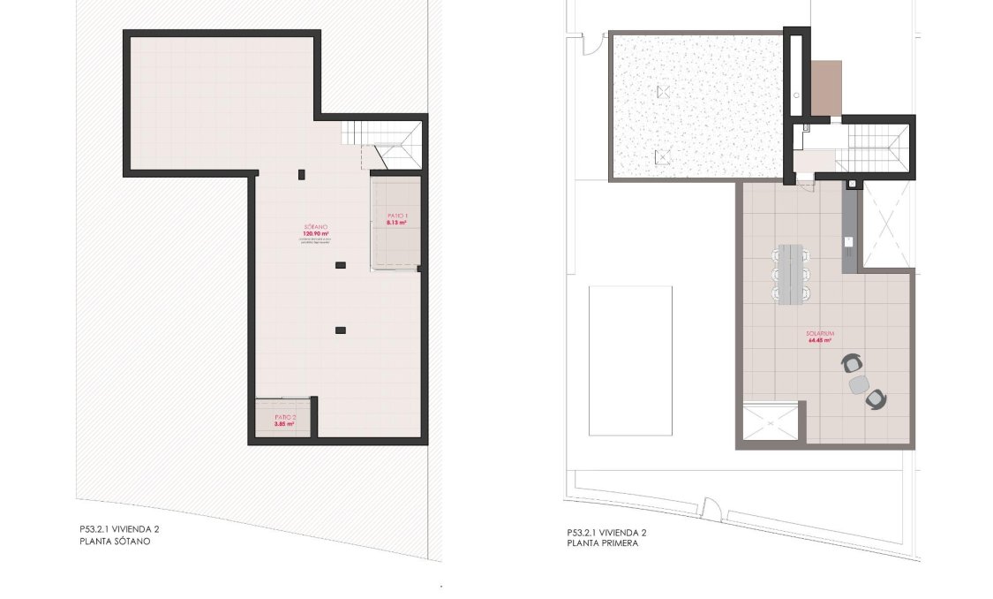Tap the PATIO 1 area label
tap(397, 219)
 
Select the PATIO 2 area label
tap(283, 420)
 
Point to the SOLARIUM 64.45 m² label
tap(820, 336)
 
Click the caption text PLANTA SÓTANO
tap(115, 541)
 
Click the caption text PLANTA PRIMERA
tap(603, 544)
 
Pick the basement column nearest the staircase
tap(302, 172)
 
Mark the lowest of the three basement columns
tap(341, 330)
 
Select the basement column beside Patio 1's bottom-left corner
tap(341, 264)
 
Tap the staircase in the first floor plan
tap(870, 148)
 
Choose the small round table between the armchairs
tap(858, 384)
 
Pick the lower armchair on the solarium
tap(876, 399)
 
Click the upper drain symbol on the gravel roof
tap(664, 92)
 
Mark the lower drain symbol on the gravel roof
tap(662, 157)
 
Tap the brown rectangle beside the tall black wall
tap(826, 88)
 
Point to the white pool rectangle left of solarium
tap(630, 360)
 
